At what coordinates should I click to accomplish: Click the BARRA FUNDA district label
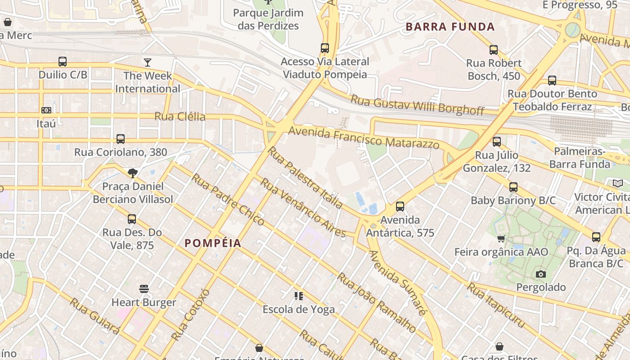[x=450, y=27]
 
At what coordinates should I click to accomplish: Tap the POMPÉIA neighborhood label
[x=213, y=243]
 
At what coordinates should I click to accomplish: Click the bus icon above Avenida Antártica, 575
[x=400, y=207]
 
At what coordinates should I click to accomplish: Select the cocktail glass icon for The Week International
[x=148, y=63]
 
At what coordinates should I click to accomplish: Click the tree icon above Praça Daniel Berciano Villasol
[x=132, y=173]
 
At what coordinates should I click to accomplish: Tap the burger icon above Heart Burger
[x=144, y=289]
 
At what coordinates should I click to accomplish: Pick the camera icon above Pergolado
[x=541, y=274]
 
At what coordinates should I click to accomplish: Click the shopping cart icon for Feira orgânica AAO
[x=501, y=238]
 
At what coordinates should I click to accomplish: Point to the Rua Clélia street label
[x=180, y=117]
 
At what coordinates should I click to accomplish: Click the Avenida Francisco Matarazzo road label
[x=364, y=138]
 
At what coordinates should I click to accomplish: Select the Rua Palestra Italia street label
[x=305, y=177]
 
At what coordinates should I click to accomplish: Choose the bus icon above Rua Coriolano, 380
[x=121, y=139]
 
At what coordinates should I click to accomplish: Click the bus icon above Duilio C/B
[x=63, y=62]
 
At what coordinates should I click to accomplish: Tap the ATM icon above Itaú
[x=46, y=110]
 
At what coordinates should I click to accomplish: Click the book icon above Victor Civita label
[x=618, y=184]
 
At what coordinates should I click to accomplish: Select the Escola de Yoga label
[x=299, y=310]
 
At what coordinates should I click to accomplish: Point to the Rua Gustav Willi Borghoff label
[x=417, y=105]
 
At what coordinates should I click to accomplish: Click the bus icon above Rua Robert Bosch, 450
[x=494, y=50]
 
